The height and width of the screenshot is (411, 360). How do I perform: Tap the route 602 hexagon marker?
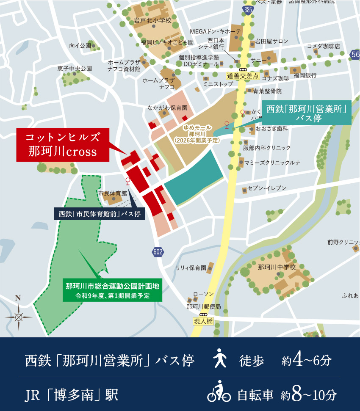pyautogui.click(x=158, y=252)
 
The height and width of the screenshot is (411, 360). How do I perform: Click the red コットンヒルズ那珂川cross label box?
pyautogui.click(x=63, y=145)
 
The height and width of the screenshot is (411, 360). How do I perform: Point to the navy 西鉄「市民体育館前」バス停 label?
pyautogui.click(x=100, y=214)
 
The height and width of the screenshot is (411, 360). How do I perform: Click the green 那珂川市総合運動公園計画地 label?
pyautogui.click(x=112, y=290)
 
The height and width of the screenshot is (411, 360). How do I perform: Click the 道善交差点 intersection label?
pyautogui.click(x=242, y=76)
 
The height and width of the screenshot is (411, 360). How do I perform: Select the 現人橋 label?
pyautogui.click(x=203, y=321)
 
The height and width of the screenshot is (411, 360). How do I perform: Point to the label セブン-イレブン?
pyautogui.click(x=267, y=188)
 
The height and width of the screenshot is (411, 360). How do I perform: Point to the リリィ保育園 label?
pyautogui.click(x=191, y=268)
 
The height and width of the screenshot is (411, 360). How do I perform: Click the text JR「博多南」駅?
pyautogui.click(x=72, y=395)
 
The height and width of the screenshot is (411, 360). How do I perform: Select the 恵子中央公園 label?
pyautogui.click(x=75, y=68)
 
